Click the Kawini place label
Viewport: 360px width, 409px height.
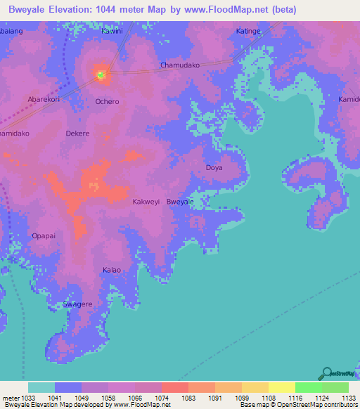point(112,31)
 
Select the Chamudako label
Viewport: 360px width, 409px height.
point(181,65)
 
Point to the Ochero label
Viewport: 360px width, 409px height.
point(107,101)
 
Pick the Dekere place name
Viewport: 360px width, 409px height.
point(77,133)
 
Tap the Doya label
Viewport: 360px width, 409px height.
point(214,168)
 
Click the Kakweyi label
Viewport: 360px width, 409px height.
point(146,202)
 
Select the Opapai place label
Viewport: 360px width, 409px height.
point(44,235)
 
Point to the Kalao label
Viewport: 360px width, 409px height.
point(112,270)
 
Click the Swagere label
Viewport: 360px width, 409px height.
point(77,304)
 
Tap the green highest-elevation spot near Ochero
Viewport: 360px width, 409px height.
point(101,74)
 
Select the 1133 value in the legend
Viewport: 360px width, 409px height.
point(348,397)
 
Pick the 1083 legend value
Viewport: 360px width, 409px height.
point(188,397)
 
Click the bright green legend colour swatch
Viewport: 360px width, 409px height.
point(308,387)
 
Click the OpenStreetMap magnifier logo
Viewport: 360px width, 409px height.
point(327,373)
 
